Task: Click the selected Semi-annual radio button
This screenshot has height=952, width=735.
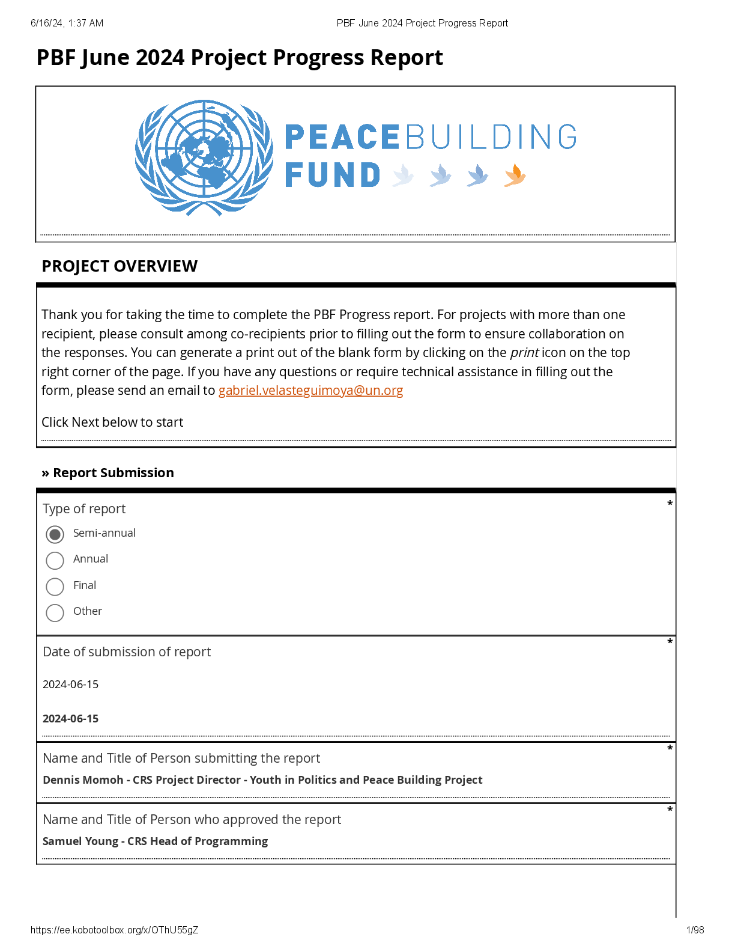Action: [x=55, y=534]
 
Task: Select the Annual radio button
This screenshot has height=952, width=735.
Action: [x=55, y=560]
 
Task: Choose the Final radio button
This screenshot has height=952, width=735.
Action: [x=55, y=587]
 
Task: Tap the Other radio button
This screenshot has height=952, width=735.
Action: [x=55, y=612]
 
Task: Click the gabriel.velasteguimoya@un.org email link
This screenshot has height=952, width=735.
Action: [x=310, y=391]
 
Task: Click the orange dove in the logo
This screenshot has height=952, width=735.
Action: [x=515, y=175]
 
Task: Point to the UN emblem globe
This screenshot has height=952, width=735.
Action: [x=204, y=157]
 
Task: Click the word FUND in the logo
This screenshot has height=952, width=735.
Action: [x=333, y=175]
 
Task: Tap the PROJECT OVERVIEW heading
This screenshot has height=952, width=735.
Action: [x=119, y=266]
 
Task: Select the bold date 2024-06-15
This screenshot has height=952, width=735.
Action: [x=71, y=719]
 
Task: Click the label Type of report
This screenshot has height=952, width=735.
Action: [x=84, y=509]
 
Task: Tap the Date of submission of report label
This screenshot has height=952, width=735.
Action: [x=127, y=652]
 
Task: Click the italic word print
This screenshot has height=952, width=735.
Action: [x=524, y=353]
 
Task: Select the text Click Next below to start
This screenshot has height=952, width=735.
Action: [x=112, y=423]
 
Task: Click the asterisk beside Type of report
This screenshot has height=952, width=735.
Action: [x=670, y=504]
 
